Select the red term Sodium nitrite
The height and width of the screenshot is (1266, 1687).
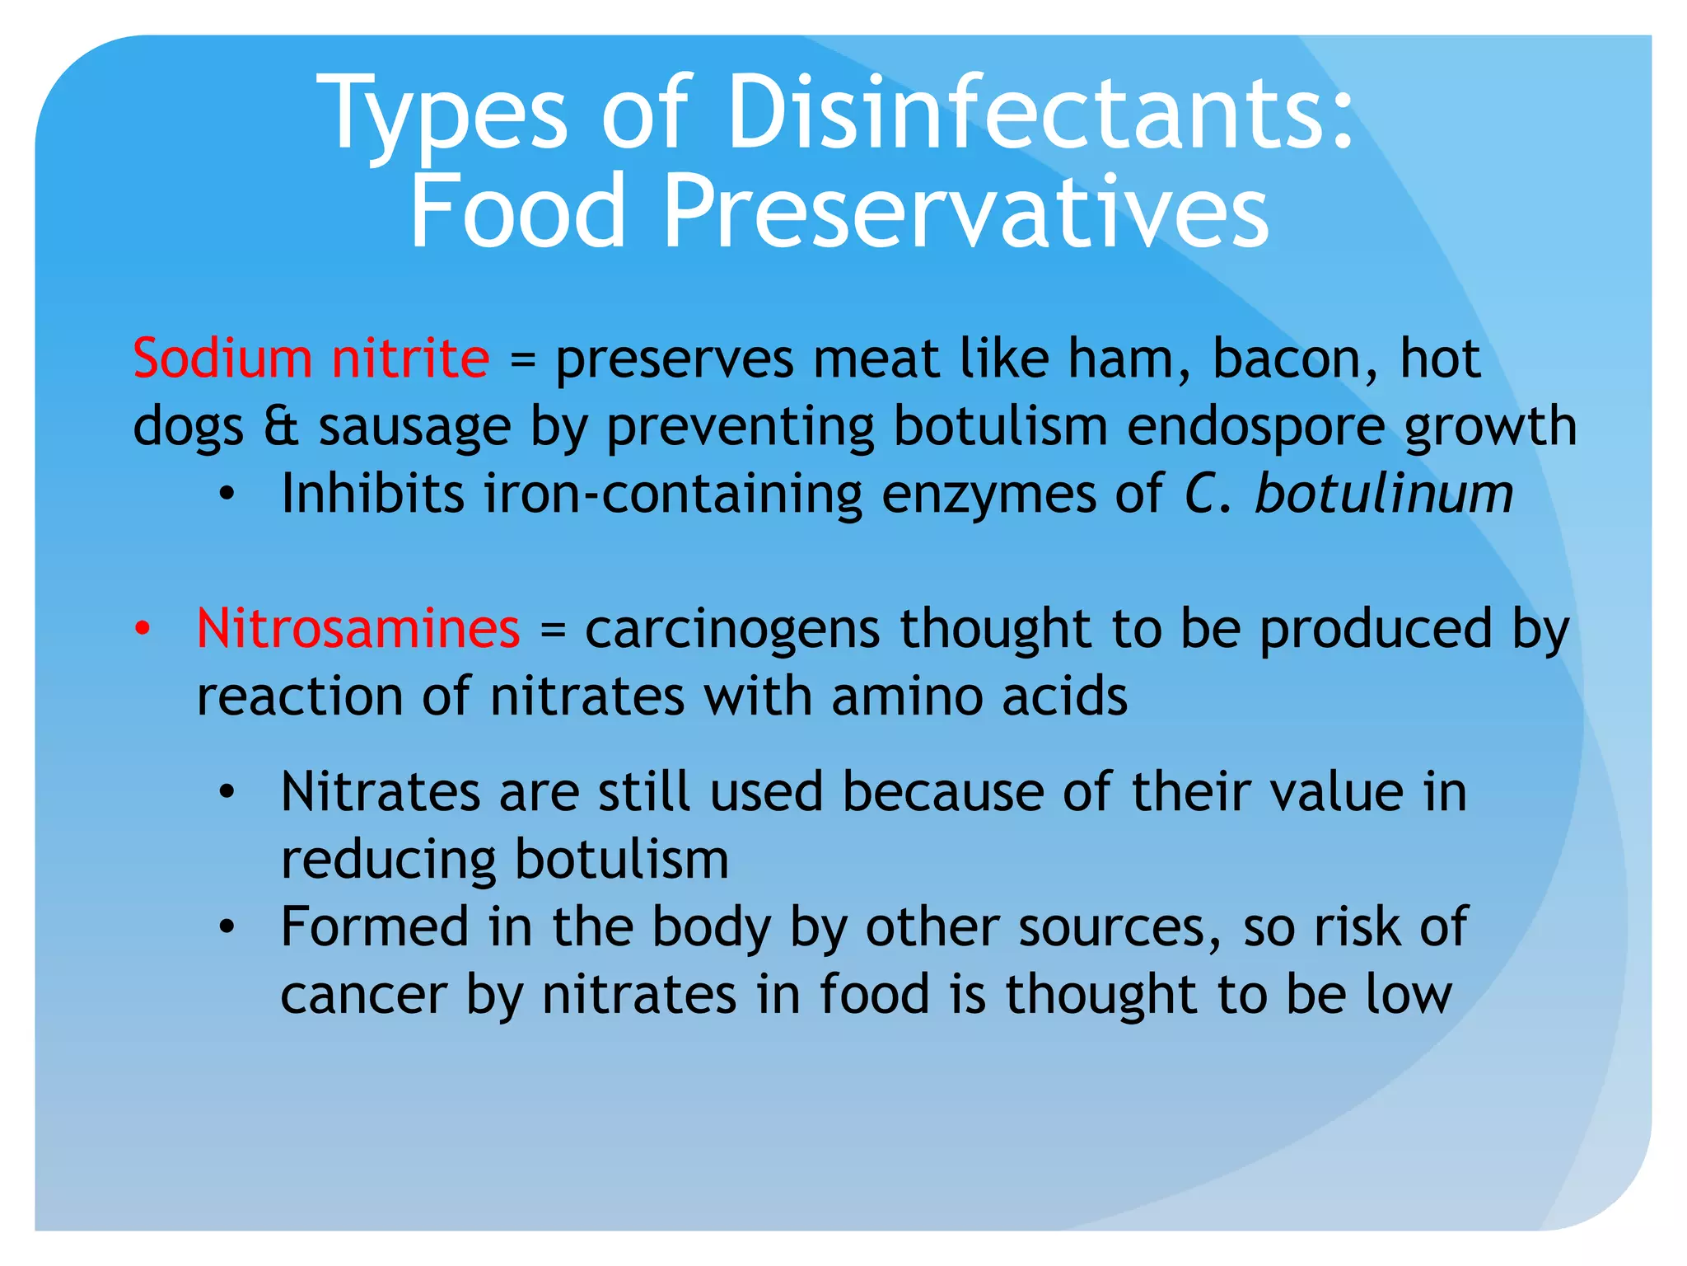[311, 359]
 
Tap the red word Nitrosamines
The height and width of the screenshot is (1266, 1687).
[358, 628]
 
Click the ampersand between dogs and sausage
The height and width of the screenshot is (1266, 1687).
[281, 426]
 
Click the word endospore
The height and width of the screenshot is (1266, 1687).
[1255, 426]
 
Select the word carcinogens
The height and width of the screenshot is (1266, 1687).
[732, 630]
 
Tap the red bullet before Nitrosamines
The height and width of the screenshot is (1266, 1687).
[143, 628]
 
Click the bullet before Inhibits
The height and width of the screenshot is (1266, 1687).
[227, 495]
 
